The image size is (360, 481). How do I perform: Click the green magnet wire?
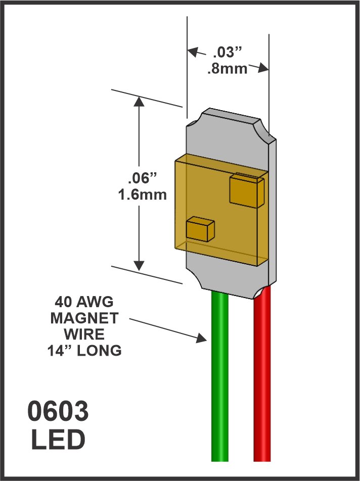click(x=219, y=384)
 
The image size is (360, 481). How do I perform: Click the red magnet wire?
click(x=262, y=384)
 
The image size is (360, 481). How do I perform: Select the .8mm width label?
click(x=227, y=69)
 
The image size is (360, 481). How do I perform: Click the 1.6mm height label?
click(x=142, y=195)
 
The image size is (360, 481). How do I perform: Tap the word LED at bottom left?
click(x=58, y=440)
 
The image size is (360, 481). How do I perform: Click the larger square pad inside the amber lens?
click(x=247, y=190)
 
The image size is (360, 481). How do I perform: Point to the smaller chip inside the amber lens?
click(x=199, y=229)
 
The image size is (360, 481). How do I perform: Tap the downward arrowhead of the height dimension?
click(x=139, y=265)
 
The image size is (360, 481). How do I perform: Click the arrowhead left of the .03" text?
click(x=193, y=51)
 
